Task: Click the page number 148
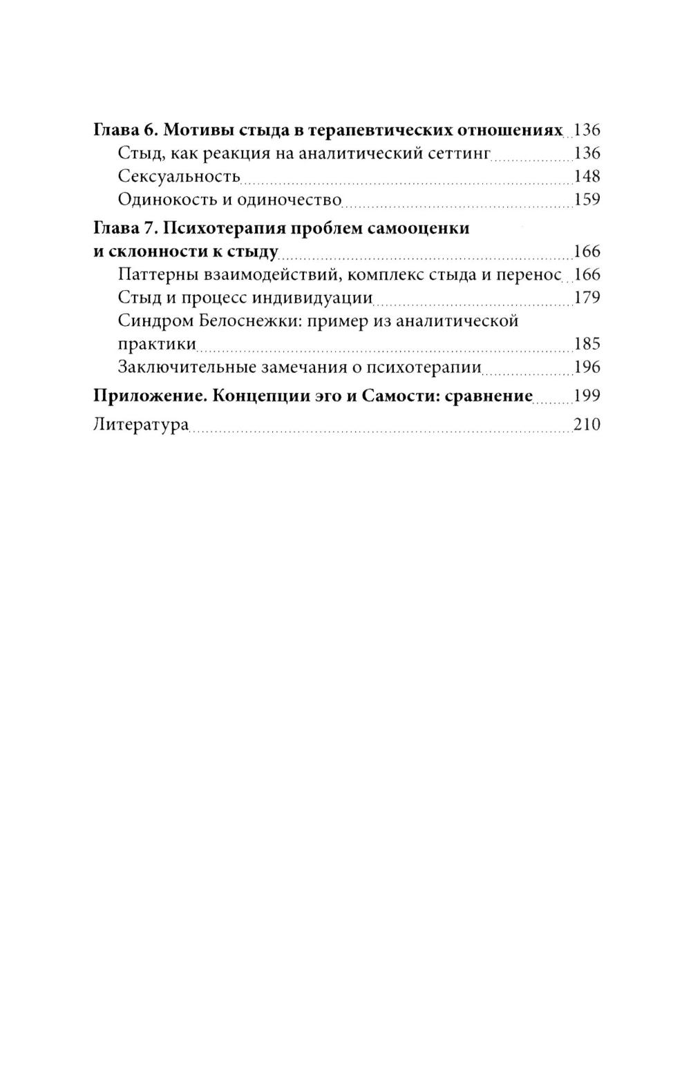point(587,176)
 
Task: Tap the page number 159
point(587,200)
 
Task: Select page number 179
point(587,298)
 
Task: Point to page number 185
point(587,344)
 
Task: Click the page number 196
point(587,367)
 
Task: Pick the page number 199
point(587,396)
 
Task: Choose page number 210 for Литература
point(587,424)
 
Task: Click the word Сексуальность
point(179,176)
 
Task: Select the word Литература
point(141,424)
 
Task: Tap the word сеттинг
point(458,153)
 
